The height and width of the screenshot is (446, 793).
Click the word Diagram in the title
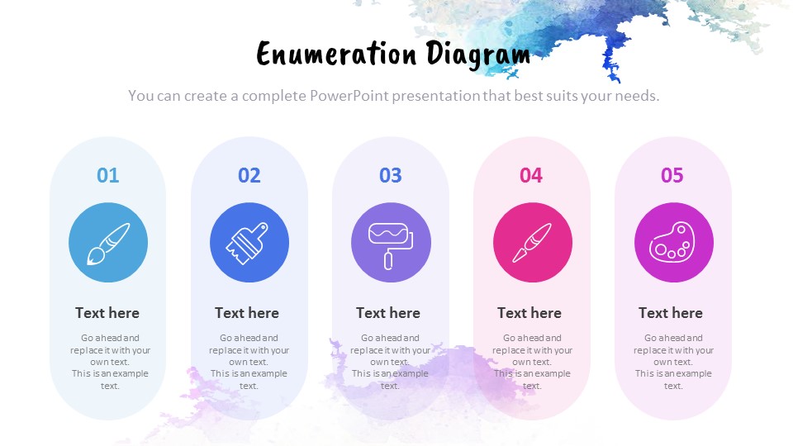[x=478, y=55]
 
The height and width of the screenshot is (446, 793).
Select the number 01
[x=107, y=175]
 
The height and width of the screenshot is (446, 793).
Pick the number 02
[x=249, y=175]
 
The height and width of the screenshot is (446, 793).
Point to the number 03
[x=390, y=175]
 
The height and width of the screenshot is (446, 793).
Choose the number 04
[x=531, y=175]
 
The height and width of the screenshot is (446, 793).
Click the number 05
[x=672, y=175]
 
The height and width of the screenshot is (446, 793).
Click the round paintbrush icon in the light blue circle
[x=108, y=243]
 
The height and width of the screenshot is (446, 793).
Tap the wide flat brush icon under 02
[x=249, y=243]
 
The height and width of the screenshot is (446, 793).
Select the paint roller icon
[x=391, y=243]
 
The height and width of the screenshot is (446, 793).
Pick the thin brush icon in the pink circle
[x=532, y=243]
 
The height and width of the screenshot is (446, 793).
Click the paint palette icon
[x=673, y=243]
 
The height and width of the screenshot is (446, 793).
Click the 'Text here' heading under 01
[x=107, y=313]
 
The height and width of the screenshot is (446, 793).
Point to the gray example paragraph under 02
[x=249, y=362]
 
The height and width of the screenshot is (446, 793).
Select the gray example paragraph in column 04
[x=532, y=362]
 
